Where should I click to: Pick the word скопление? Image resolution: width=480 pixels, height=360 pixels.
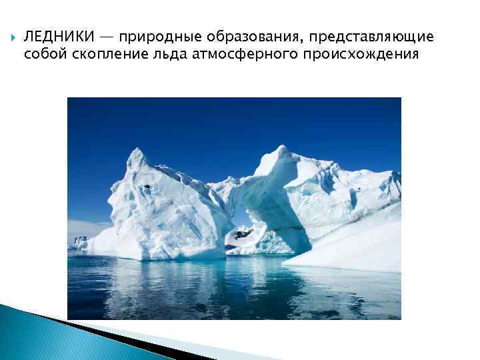(107, 54)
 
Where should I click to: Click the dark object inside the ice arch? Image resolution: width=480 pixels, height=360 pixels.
(241, 233)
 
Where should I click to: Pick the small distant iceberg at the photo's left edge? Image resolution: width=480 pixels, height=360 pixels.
(81, 241)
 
